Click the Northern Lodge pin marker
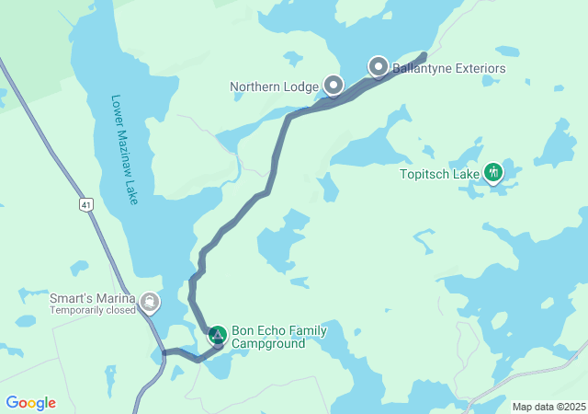[334, 86]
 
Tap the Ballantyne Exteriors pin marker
[379, 66]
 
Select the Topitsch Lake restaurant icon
[493, 171]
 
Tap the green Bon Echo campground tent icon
[217, 335]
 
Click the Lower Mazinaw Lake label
[123, 149]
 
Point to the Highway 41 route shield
[85, 203]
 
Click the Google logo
[30, 403]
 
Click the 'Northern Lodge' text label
[273, 87]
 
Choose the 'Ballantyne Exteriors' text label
[448, 68]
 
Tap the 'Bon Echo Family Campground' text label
[278, 338]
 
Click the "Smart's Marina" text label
[91, 298]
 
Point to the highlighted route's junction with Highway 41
[164, 352]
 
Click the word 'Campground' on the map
[268, 344]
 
